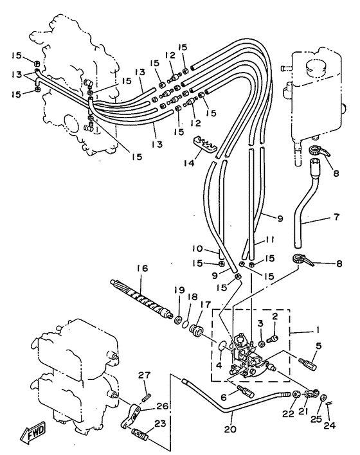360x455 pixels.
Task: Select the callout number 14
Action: tap(189, 163)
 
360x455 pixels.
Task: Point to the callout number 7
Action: tap(336, 217)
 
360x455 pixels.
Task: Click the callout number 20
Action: tap(232, 429)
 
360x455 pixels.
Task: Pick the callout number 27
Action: tap(144, 375)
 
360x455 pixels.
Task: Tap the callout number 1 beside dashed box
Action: tap(318, 330)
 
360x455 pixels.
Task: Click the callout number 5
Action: tap(319, 346)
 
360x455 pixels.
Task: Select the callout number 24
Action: tap(330, 425)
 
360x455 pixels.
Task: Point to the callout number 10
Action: tap(199, 249)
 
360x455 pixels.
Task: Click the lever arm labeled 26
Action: tap(130, 415)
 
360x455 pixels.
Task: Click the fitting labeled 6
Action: tap(246, 391)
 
